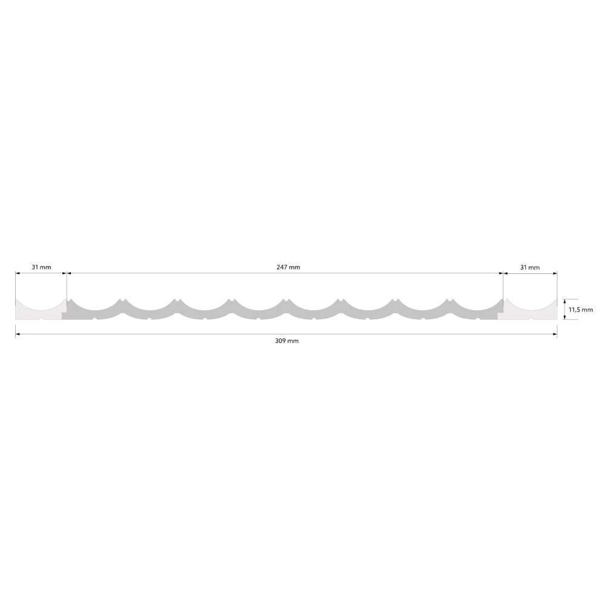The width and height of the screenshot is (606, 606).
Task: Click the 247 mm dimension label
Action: coord(288,267)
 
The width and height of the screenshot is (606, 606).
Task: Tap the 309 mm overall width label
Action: coord(287,341)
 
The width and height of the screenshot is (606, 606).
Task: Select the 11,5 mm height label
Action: coord(581,310)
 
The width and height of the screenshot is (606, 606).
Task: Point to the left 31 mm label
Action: coord(41,267)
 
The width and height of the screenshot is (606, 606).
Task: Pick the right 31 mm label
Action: coord(530,267)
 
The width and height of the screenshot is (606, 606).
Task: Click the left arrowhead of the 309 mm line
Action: coord(18,335)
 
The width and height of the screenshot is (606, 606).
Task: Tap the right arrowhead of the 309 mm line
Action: coord(554,335)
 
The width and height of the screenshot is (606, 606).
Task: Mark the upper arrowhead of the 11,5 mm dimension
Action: coord(565,301)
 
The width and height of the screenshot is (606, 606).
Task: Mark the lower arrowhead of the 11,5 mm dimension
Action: coord(565,317)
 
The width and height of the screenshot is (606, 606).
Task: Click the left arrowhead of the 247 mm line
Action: coord(69,273)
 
